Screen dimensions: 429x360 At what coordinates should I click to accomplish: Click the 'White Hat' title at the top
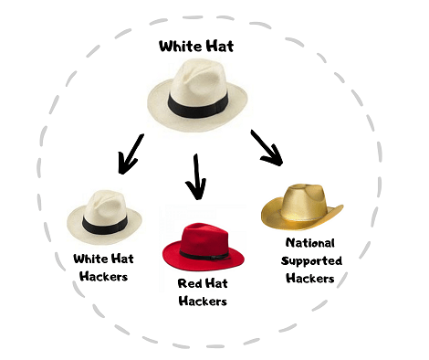tap(197, 46)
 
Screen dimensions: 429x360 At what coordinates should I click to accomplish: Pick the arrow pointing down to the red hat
tap(195, 175)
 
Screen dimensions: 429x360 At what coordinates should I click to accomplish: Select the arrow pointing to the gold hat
tap(267, 146)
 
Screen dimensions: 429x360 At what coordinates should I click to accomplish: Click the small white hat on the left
tap(104, 217)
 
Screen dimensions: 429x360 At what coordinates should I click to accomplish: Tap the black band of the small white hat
tap(99, 224)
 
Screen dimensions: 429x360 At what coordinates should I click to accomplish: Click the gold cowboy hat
tap(300, 206)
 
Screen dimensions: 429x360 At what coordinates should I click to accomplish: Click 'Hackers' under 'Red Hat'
tap(202, 301)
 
